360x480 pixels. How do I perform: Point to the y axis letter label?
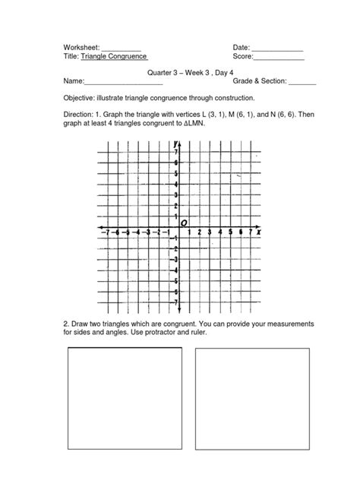point(175,143)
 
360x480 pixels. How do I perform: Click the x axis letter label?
point(259,232)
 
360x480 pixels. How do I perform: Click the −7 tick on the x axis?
point(107,232)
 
